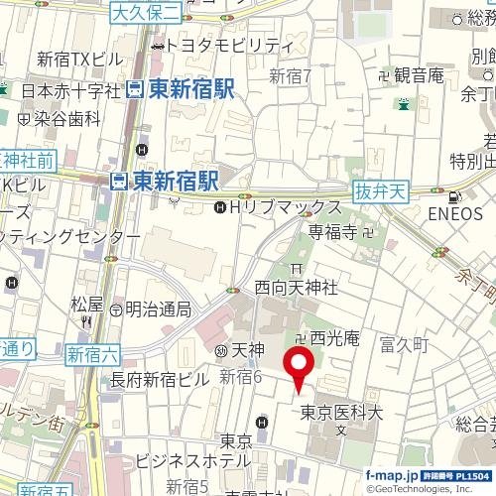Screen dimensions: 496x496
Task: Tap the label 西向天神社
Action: (297, 287)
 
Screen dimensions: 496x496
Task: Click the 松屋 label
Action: (87, 304)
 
